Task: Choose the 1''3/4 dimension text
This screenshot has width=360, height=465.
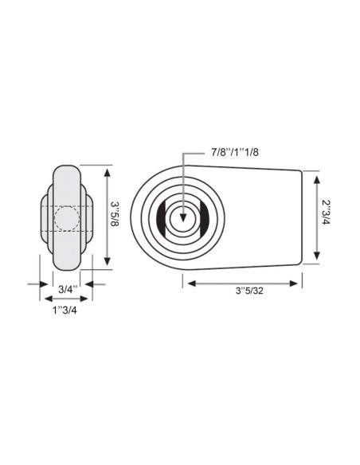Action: coord(67,310)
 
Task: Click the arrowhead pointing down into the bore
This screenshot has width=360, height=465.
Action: coord(183,208)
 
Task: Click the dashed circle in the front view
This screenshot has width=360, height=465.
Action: coord(67,217)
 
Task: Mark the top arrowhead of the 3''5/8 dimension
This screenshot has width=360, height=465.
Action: coord(108,170)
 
